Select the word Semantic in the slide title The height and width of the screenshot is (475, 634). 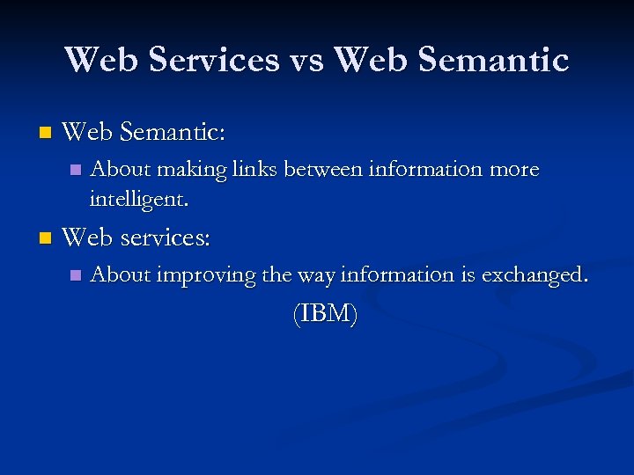tap(498, 60)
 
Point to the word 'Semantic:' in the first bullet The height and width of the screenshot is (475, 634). tap(172, 133)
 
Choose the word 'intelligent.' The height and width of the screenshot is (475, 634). tap(138, 199)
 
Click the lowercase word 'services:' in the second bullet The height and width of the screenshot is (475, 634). tap(165, 237)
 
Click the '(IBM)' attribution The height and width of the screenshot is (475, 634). tap(325, 314)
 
